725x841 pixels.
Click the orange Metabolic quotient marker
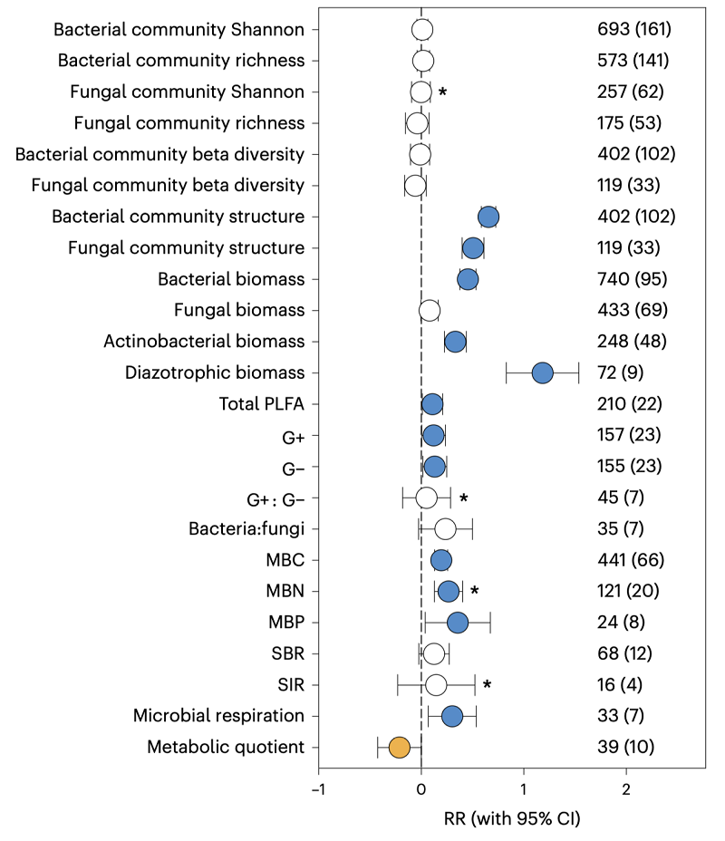[x=399, y=747]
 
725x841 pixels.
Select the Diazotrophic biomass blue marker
[x=542, y=372]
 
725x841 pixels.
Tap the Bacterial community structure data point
[x=488, y=217]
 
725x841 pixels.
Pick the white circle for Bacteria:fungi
[x=445, y=528]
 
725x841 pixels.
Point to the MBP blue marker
[x=458, y=622]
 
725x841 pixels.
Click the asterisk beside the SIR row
[x=487, y=684]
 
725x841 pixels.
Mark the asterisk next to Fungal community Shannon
[x=442, y=92]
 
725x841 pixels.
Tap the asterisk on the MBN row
[x=473, y=591]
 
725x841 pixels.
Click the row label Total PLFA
[x=261, y=403]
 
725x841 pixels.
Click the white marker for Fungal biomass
[x=430, y=311]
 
